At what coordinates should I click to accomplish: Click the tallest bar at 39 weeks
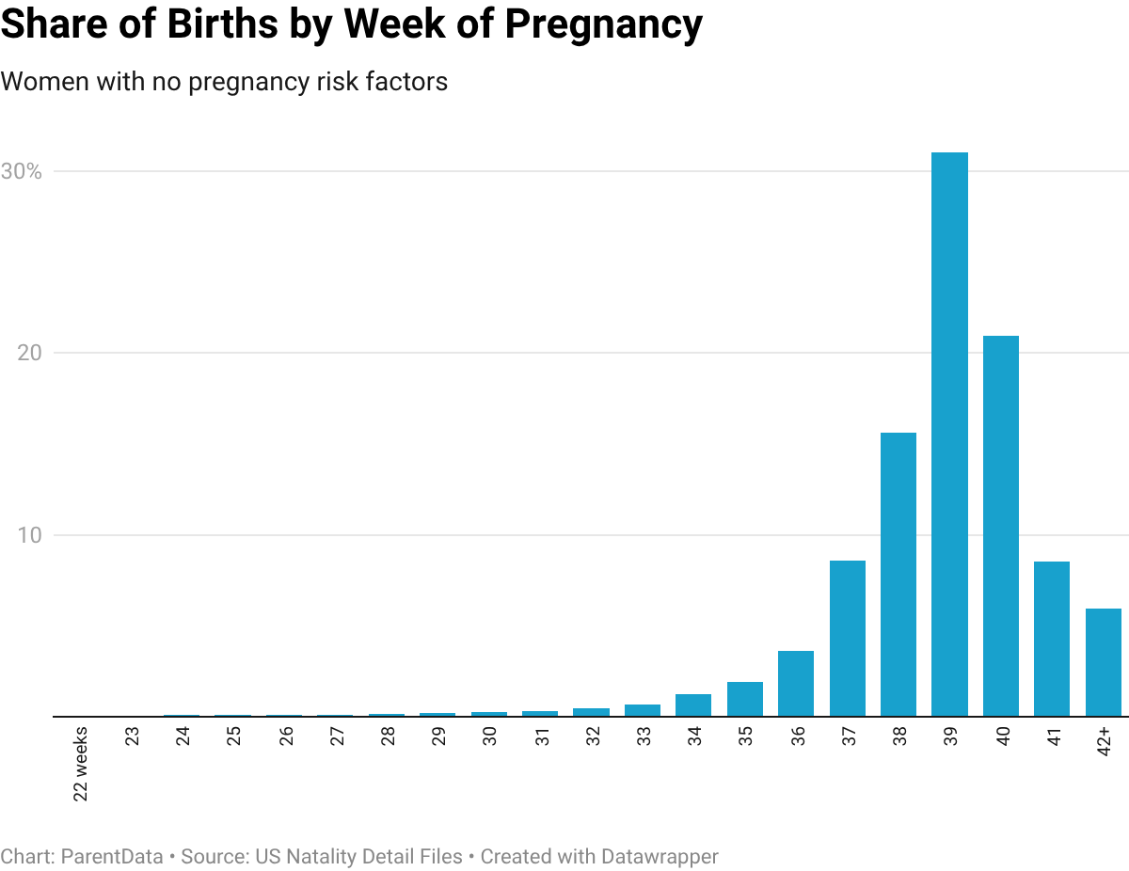tap(949, 433)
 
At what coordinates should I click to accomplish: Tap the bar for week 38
tap(898, 574)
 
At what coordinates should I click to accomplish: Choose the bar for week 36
tap(796, 683)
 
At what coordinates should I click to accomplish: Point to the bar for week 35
tap(745, 699)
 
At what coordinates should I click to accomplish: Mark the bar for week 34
tap(693, 705)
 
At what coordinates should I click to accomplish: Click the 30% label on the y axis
tap(21, 172)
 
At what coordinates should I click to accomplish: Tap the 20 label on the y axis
tap(29, 354)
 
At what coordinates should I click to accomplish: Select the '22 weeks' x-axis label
tap(81, 763)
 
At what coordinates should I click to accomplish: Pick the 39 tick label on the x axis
tap(952, 736)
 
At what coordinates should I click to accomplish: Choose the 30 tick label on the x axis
tap(490, 736)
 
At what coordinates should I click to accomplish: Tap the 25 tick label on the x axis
tap(234, 736)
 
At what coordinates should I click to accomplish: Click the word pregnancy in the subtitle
tap(240, 83)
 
